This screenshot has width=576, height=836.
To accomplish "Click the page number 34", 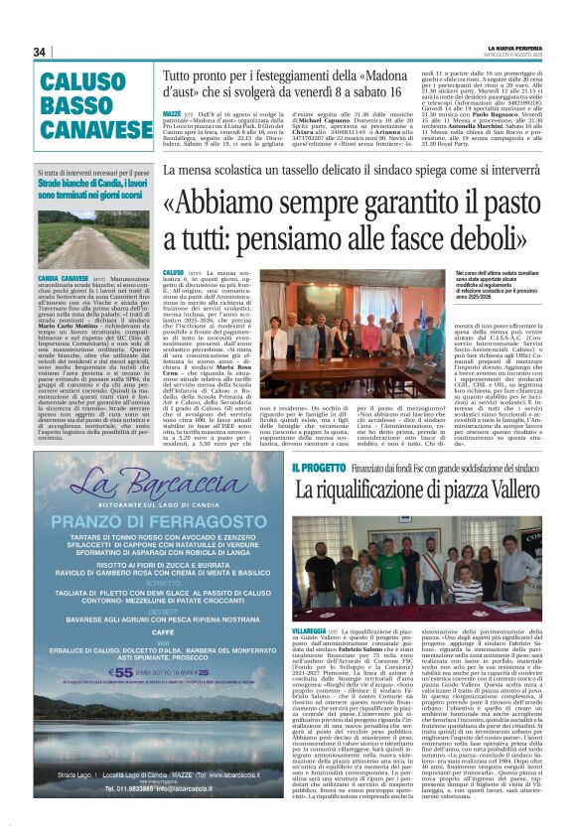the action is (x=40, y=53).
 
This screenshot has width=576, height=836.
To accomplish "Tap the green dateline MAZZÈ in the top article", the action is (x=171, y=113).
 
